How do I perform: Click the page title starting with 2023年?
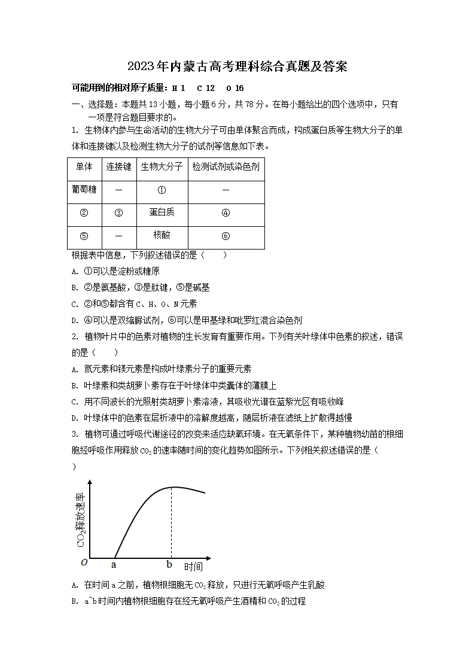pyautogui.click(x=237, y=66)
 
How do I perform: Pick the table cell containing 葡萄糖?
pyautogui.click(x=84, y=190)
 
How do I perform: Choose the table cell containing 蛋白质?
pyautogui.click(x=162, y=212)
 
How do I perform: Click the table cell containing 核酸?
pyautogui.click(x=162, y=235)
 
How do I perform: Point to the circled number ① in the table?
pyautogui.click(x=162, y=190)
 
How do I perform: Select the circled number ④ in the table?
pyautogui.click(x=226, y=213)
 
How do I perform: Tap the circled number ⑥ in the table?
pyautogui.click(x=226, y=236)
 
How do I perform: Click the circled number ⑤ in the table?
pyautogui.click(x=84, y=236)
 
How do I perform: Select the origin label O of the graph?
pyautogui.click(x=84, y=562)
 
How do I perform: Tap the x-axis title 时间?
pyautogui.click(x=193, y=566)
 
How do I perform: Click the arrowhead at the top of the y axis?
pyautogui.click(x=90, y=482)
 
